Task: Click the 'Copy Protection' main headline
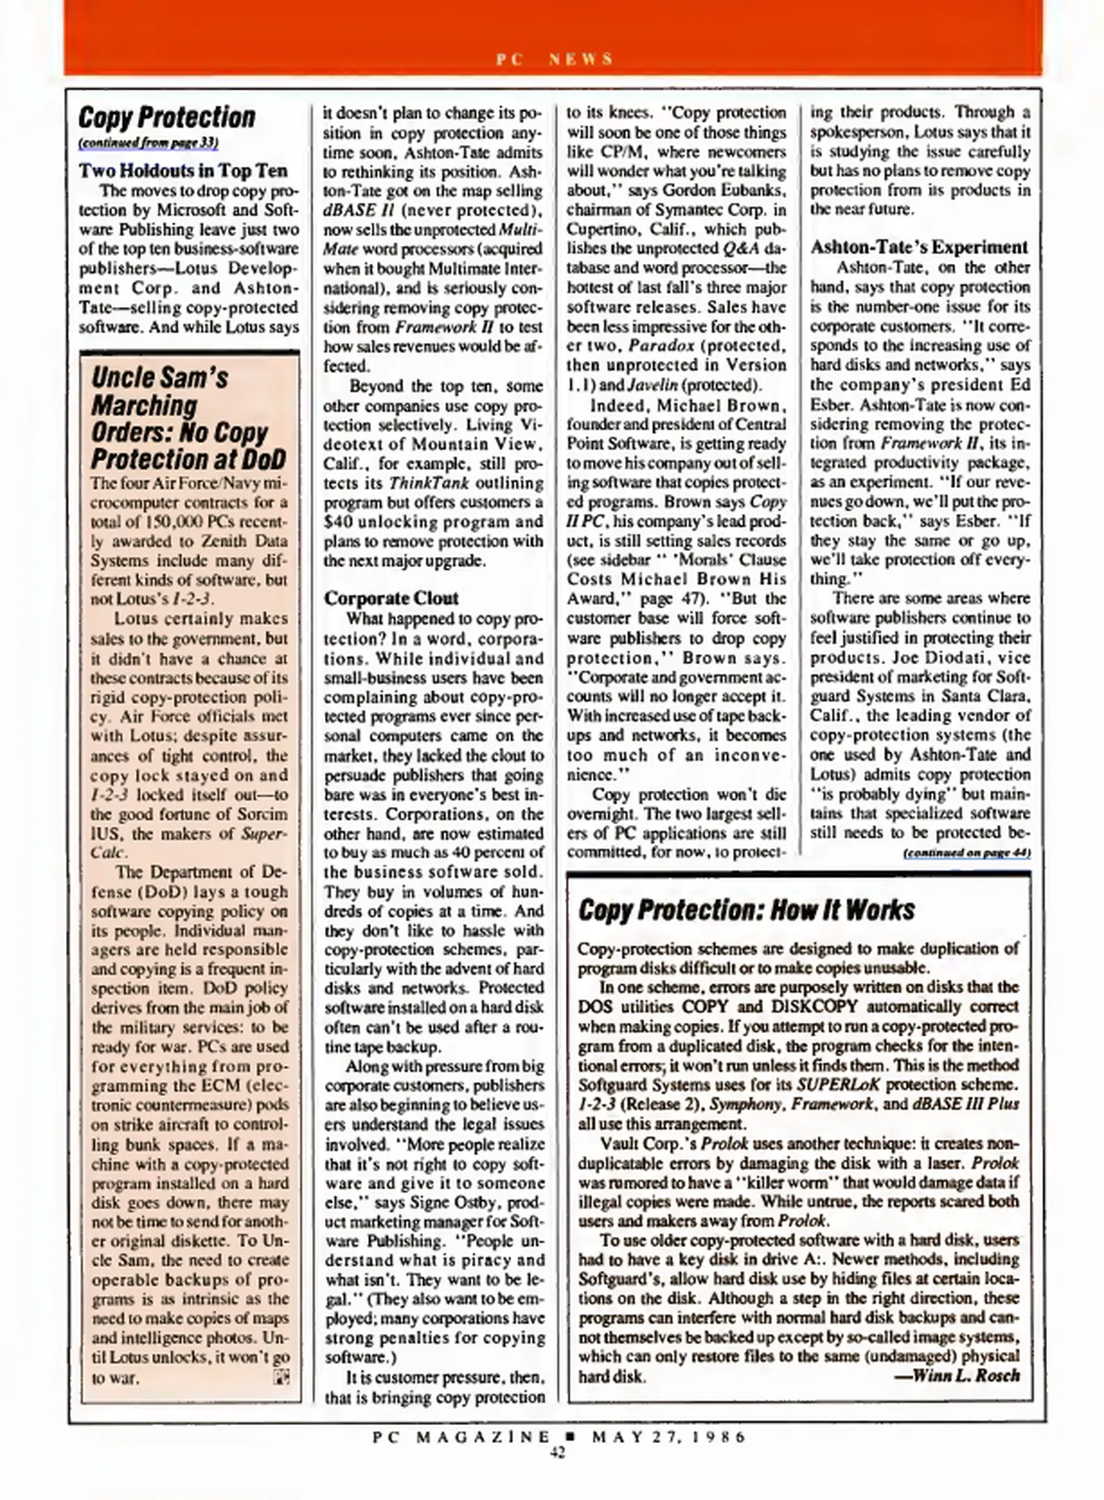pyautogui.click(x=167, y=117)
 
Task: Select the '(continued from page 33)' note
pyautogui.click(x=149, y=143)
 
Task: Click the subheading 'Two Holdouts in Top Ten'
pyautogui.click(x=183, y=170)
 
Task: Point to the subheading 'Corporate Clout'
pyautogui.click(x=391, y=598)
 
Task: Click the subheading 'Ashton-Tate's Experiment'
pyautogui.click(x=919, y=247)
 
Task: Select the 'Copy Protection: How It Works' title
pyautogui.click(x=746, y=910)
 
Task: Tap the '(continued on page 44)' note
pyautogui.click(x=967, y=853)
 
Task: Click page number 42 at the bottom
pyautogui.click(x=557, y=1453)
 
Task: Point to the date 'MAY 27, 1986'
pyautogui.click(x=669, y=1436)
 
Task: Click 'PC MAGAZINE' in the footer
pyautogui.click(x=460, y=1436)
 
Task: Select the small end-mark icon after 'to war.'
pyautogui.click(x=281, y=1377)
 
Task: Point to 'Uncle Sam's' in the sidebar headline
pyautogui.click(x=160, y=378)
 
